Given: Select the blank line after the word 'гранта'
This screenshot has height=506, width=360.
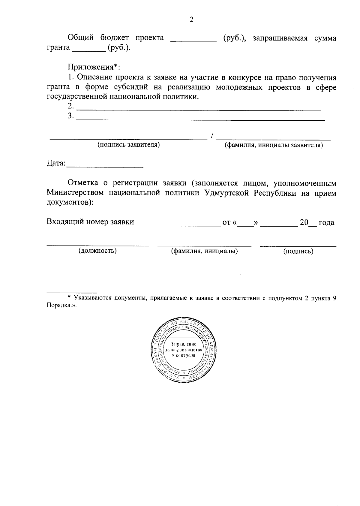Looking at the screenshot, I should tap(89, 50).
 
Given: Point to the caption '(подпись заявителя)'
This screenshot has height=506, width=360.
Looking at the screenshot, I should tap(128, 145).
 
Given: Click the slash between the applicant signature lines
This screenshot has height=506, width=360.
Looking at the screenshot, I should tap(212, 136).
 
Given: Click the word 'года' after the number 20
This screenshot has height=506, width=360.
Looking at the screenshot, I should tap(326, 223).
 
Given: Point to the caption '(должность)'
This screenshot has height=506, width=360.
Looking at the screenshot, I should tap(97, 251).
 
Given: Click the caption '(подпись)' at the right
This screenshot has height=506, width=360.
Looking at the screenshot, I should tap(298, 251).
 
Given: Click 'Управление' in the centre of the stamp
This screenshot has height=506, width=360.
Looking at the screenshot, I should tap(184, 344).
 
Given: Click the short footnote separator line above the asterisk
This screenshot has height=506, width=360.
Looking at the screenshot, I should tap(72, 292).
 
